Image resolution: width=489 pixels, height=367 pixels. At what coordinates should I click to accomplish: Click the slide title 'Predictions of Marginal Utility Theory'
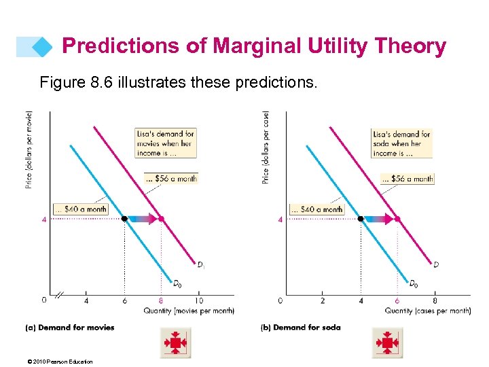point(254,46)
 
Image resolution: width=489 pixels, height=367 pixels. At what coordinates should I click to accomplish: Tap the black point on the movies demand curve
point(124,219)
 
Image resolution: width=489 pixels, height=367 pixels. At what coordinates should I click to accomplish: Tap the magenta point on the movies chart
point(161,219)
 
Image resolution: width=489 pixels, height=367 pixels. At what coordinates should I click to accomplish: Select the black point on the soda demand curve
point(361,219)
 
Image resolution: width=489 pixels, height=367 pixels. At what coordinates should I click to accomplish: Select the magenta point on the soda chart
point(398,219)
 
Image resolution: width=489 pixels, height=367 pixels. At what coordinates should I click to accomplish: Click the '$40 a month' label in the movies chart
point(79,209)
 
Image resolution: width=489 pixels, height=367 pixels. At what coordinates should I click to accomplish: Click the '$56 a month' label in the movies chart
point(170,179)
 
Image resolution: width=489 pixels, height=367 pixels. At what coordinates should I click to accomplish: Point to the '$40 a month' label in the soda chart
point(316,209)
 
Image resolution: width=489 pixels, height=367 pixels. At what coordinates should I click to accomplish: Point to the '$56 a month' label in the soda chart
point(407,179)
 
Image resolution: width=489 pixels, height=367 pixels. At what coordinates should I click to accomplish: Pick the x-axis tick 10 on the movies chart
point(198,300)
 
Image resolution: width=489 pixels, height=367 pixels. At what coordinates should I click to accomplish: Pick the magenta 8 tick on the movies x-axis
point(161,300)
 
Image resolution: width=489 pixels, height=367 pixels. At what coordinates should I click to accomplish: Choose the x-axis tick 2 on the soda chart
point(323,300)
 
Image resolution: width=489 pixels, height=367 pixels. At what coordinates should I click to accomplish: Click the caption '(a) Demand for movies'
point(70,328)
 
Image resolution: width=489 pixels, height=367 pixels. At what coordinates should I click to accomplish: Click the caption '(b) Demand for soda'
point(301,328)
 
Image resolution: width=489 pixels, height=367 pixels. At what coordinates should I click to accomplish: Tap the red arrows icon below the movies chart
point(175,343)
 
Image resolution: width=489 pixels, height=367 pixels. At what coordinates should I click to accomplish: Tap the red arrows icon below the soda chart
point(388,343)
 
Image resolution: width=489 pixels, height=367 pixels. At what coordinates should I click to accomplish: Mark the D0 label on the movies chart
point(177,283)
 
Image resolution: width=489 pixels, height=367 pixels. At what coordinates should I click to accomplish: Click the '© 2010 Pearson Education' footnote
point(59,362)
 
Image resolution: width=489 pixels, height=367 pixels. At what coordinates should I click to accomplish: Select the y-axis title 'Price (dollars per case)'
point(266,147)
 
